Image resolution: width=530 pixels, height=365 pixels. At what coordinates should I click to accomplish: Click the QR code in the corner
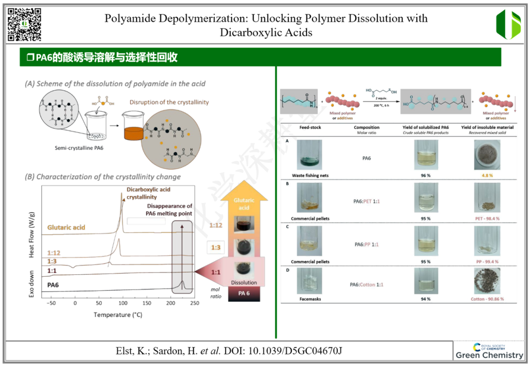[x=25, y=24]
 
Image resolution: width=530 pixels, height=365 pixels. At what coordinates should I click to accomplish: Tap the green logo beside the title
[x=508, y=24]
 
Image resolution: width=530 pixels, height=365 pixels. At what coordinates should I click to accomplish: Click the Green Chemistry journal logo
[x=489, y=351]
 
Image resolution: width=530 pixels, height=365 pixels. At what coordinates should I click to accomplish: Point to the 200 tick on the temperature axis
[x=170, y=303]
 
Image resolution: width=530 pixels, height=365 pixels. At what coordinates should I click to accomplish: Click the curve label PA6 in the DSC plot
[x=56, y=284]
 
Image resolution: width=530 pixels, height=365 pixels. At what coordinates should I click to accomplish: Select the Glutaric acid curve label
[x=66, y=227]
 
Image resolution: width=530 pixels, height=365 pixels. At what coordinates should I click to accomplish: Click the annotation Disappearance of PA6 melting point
[x=169, y=210]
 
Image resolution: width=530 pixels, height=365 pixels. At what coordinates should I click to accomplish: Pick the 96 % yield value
[x=425, y=175]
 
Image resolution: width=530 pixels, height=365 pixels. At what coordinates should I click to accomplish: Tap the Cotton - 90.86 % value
[x=487, y=299]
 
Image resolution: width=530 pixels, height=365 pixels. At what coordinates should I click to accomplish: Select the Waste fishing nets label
[x=310, y=175]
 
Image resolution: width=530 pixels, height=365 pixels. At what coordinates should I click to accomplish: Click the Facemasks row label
[x=310, y=299]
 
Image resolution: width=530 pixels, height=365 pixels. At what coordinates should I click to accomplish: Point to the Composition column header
[x=367, y=127]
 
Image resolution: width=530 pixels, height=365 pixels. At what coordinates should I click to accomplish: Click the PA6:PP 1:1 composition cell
[x=367, y=244]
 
